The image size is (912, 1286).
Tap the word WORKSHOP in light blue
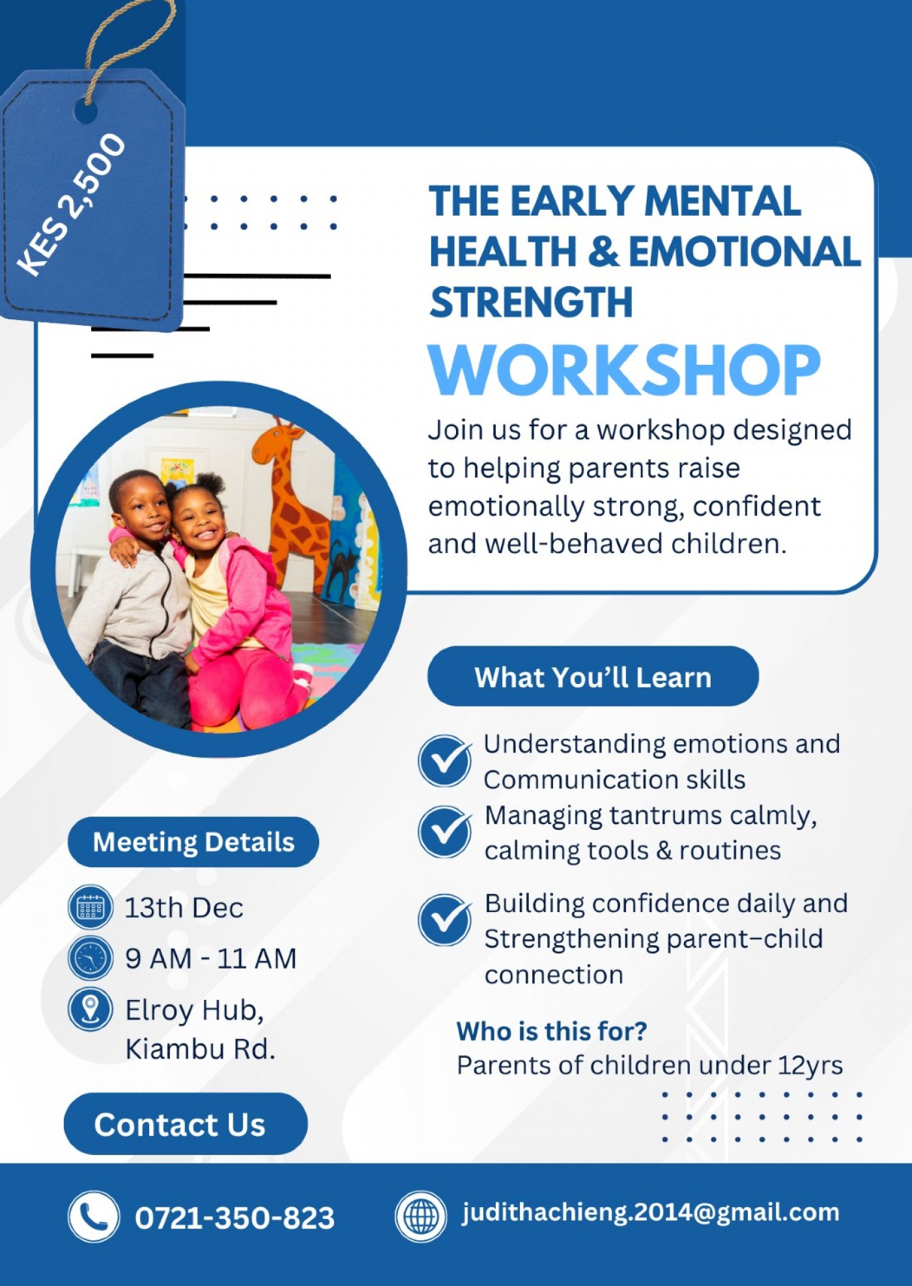click(623, 369)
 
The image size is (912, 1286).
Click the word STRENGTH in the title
click(531, 302)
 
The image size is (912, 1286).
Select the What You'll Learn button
click(593, 677)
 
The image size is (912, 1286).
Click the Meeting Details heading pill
click(193, 842)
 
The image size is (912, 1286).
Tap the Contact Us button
click(185, 1124)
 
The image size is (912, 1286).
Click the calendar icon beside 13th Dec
click(91, 906)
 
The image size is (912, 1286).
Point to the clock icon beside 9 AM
click(91, 958)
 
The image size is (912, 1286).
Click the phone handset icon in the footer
click(94, 1216)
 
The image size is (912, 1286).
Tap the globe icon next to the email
click(421, 1216)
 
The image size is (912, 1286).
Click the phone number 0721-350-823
click(235, 1218)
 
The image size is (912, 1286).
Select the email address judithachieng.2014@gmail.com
click(650, 1212)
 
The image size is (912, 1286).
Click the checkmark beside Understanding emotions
click(445, 761)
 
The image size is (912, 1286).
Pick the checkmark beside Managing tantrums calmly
click(445, 832)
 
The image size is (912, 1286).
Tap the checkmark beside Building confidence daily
click(445, 919)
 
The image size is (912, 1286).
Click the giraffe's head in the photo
click(274, 443)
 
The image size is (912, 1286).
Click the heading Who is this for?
click(552, 1031)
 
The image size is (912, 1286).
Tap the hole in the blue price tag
click(85, 111)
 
